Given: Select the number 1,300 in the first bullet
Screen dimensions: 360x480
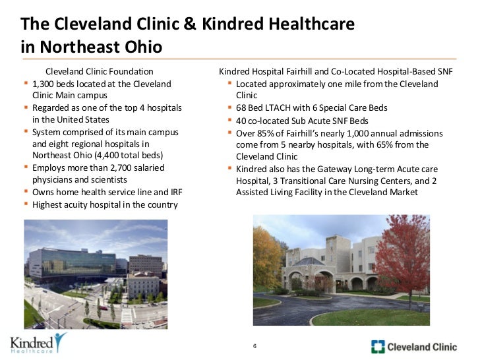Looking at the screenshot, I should pyautogui.click(x=45, y=84).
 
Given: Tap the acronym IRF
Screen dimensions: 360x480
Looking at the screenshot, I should pyautogui.click(x=174, y=192).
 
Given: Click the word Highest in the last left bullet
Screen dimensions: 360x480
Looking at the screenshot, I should pyautogui.click(x=49, y=204).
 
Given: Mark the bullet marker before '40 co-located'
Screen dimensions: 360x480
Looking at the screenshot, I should pyautogui.click(x=228, y=121).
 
